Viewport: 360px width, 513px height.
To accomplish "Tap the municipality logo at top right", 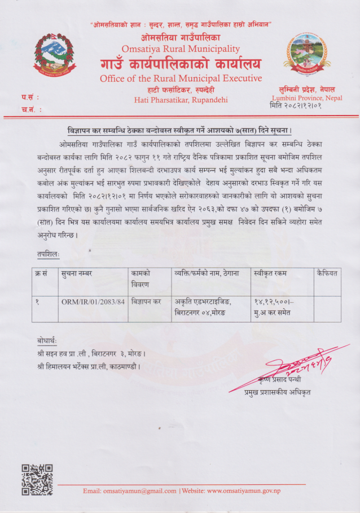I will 306,57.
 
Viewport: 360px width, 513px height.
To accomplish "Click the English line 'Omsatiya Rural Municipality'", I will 181,49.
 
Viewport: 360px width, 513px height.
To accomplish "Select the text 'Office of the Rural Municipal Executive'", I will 181,78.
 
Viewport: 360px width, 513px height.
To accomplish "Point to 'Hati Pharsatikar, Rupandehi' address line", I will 181,100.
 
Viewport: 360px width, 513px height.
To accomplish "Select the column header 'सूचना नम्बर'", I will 77,273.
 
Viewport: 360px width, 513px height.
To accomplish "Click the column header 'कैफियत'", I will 327,273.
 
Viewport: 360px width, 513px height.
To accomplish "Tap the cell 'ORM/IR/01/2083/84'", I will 91,302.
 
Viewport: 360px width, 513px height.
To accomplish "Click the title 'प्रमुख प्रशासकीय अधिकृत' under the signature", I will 277,392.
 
